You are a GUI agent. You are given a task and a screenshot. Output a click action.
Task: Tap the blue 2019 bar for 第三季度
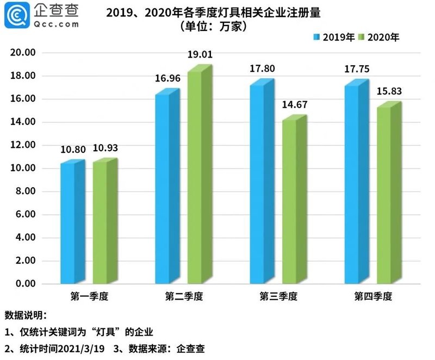pos(258,185)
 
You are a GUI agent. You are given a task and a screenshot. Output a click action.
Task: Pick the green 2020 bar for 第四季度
pos(385,196)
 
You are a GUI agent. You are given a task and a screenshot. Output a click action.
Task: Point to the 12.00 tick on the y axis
pos(23,145)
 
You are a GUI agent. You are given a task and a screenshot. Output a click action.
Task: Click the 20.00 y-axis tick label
pos(23,53)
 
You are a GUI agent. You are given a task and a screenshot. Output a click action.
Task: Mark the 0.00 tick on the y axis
pos(25,284)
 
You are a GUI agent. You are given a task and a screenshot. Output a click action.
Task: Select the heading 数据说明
pos(25,315)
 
